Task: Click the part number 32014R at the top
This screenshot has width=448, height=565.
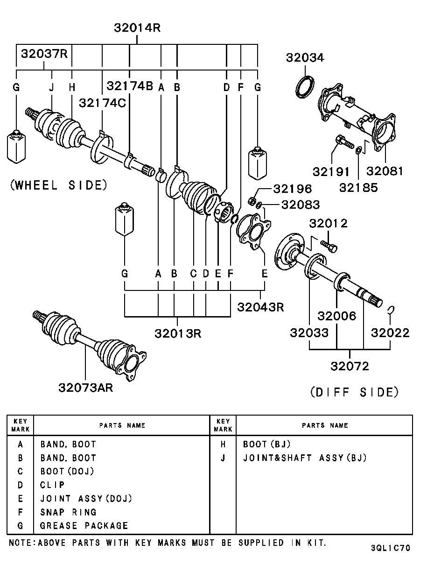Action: pyautogui.click(x=137, y=28)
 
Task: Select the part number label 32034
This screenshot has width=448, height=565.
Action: pyautogui.click(x=305, y=57)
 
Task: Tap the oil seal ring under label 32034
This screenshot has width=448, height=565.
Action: pyautogui.click(x=306, y=86)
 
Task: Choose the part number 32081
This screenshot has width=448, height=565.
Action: pyautogui.click(x=385, y=171)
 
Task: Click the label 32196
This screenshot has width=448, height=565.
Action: pyautogui.click(x=293, y=189)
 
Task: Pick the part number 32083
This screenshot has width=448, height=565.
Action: pyautogui.click(x=301, y=205)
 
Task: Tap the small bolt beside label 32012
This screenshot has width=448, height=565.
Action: pyautogui.click(x=329, y=245)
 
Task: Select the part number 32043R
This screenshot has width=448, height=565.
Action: pyautogui.click(x=260, y=307)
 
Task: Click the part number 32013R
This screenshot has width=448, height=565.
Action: pyautogui.click(x=178, y=333)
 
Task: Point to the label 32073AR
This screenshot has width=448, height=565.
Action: pyautogui.click(x=86, y=388)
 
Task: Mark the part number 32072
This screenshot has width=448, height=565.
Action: pyautogui.click(x=350, y=366)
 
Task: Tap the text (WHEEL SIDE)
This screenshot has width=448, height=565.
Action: pyautogui.click(x=58, y=185)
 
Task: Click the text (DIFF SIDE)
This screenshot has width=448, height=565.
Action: pyautogui.click(x=355, y=392)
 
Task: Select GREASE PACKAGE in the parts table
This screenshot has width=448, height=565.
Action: pyautogui.click(x=84, y=526)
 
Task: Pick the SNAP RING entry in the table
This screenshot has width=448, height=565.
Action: pyautogui.click(x=68, y=512)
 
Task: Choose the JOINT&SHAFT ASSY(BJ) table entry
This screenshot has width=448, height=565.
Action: pyautogui.click(x=305, y=458)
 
